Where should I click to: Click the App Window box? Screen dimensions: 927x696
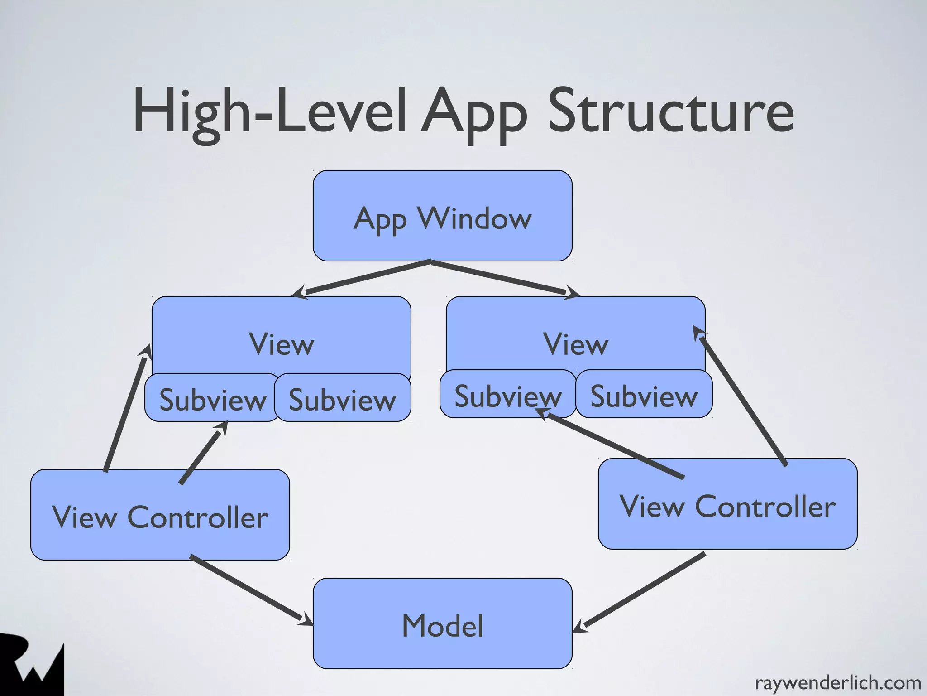(442, 216)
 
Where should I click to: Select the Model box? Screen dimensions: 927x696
(442, 623)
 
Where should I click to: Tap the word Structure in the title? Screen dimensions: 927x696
(671, 111)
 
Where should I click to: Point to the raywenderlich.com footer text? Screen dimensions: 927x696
(838, 682)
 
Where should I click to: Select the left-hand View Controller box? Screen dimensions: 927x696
(160, 515)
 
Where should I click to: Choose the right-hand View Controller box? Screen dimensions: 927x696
(727, 504)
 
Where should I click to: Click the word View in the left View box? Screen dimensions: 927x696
(281, 344)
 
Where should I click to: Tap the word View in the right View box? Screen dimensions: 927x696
(575, 344)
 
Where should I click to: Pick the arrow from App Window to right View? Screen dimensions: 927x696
(502, 278)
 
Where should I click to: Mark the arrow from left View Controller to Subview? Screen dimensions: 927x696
(202, 453)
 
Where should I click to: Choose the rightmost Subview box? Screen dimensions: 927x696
(644, 394)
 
